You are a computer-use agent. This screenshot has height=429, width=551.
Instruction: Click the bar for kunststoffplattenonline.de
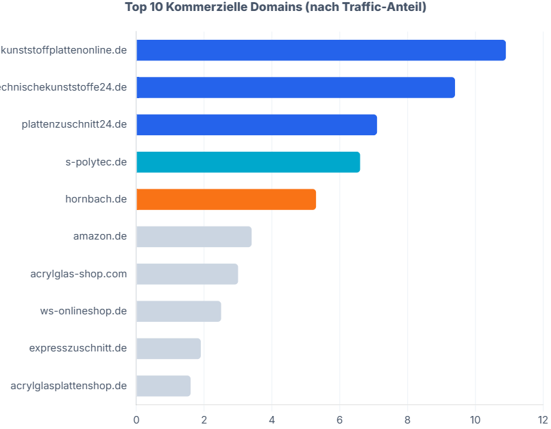(x=321, y=51)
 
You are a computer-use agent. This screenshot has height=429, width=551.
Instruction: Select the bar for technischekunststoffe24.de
(x=295, y=88)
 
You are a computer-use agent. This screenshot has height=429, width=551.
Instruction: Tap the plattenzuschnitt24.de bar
(x=256, y=125)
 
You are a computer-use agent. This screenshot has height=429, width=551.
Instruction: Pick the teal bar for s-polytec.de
(x=248, y=162)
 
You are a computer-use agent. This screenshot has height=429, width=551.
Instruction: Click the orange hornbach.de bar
(x=226, y=199)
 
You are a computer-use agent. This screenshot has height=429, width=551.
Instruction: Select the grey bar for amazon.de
(x=194, y=237)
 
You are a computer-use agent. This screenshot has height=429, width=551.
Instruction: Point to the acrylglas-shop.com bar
(x=187, y=274)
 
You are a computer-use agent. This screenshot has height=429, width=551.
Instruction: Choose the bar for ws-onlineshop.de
(x=178, y=311)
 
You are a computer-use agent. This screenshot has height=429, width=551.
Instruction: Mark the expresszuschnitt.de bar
(x=168, y=348)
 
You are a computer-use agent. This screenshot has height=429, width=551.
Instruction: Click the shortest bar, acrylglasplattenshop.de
(x=163, y=386)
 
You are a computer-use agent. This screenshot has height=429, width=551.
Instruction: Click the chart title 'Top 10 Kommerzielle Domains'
(x=275, y=8)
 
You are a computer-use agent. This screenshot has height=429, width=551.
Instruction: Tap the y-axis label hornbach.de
(x=96, y=199)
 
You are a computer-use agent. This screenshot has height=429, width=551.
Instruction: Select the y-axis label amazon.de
(x=100, y=237)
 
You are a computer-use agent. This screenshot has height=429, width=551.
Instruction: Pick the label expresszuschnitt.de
(x=78, y=348)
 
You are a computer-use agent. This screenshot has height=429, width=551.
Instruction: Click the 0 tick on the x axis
(x=136, y=419)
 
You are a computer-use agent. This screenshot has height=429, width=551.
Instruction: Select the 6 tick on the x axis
(x=340, y=419)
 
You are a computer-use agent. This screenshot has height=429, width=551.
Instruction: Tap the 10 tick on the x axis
(x=475, y=419)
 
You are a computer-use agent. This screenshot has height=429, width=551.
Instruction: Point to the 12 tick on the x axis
(x=542, y=419)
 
